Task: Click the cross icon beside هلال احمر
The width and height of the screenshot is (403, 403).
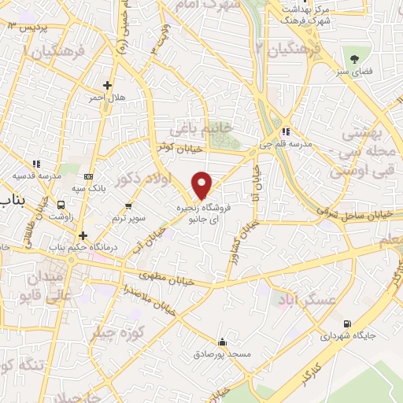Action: point(108,85)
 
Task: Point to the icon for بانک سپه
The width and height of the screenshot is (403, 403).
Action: point(89,176)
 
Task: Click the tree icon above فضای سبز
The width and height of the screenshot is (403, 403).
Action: point(353,59)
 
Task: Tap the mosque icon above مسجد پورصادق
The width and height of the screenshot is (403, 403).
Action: point(223,342)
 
